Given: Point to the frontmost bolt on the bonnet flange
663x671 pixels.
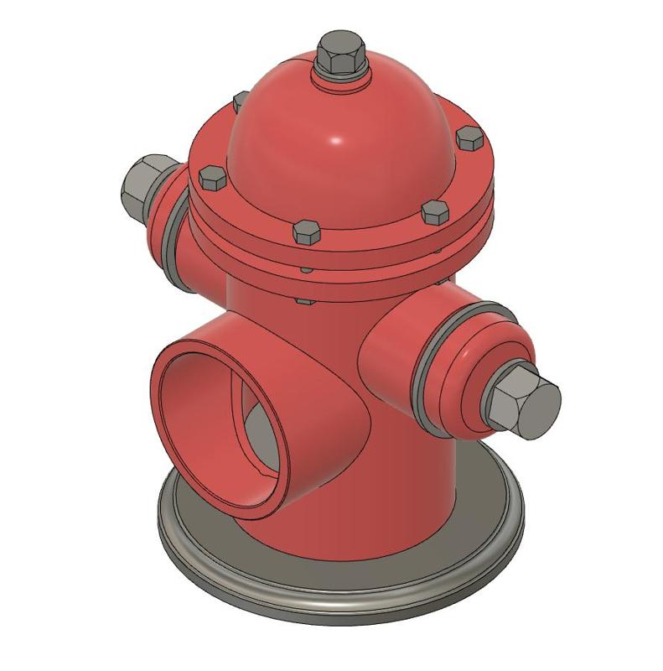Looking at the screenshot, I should (x=307, y=231).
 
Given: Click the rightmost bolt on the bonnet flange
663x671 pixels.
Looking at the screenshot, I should (x=468, y=138).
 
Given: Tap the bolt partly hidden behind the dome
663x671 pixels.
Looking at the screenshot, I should (x=238, y=101).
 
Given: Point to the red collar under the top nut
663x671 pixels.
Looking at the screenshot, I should (x=341, y=79).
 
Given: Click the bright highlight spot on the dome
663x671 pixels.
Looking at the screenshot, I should (x=334, y=139).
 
